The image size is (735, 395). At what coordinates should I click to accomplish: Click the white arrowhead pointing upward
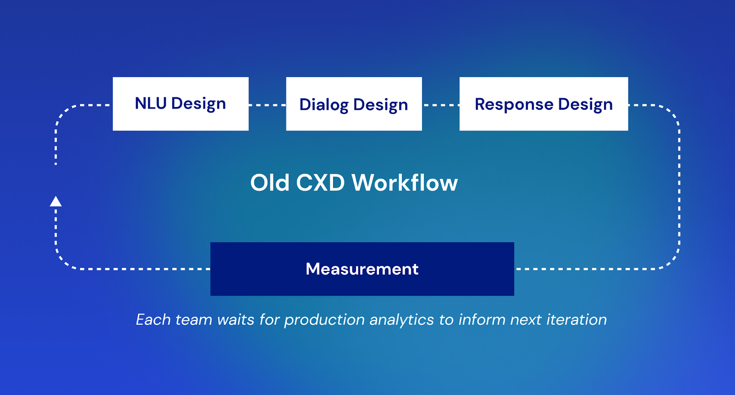click(56, 201)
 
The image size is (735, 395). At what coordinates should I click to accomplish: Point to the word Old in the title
click(270, 183)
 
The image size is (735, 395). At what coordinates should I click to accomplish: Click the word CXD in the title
click(320, 183)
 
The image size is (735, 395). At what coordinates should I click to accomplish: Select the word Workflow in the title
click(405, 183)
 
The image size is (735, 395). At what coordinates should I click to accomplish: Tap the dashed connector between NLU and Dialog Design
click(267, 105)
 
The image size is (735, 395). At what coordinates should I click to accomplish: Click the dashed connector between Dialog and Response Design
click(441, 105)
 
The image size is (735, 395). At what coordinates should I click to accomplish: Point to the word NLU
click(150, 103)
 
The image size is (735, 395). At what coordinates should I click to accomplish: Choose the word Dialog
click(323, 105)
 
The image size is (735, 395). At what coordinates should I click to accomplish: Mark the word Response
click(514, 104)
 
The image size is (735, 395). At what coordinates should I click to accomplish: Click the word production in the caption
click(324, 320)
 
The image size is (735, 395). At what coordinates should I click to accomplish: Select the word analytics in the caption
click(401, 320)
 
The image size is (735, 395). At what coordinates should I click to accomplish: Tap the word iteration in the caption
click(577, 320)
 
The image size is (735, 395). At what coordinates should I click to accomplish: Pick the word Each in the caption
click(153, 320)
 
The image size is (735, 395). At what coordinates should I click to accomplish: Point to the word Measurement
click(362, 269)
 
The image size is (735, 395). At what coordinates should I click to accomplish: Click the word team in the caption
click(193, 320)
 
